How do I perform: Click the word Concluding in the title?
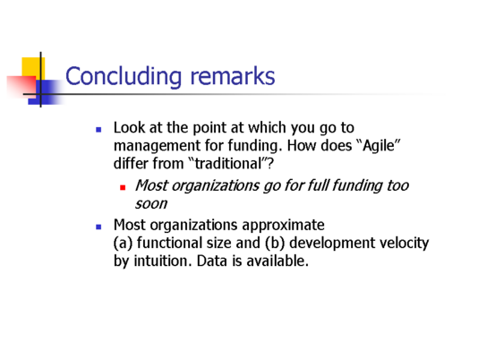(124, 76)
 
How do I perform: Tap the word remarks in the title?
(233, 76)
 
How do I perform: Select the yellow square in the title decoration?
(33, 69)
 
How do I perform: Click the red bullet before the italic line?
(123, 188)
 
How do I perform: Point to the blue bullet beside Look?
(98, 130)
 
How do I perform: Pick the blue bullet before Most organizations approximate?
(98, 227)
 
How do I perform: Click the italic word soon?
(151, 204)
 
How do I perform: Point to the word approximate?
(283, 226)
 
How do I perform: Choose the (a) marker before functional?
(123, 244)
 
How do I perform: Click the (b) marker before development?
(275, 244)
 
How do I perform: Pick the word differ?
(131, 164)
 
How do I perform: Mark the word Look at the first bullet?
(129, 127)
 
